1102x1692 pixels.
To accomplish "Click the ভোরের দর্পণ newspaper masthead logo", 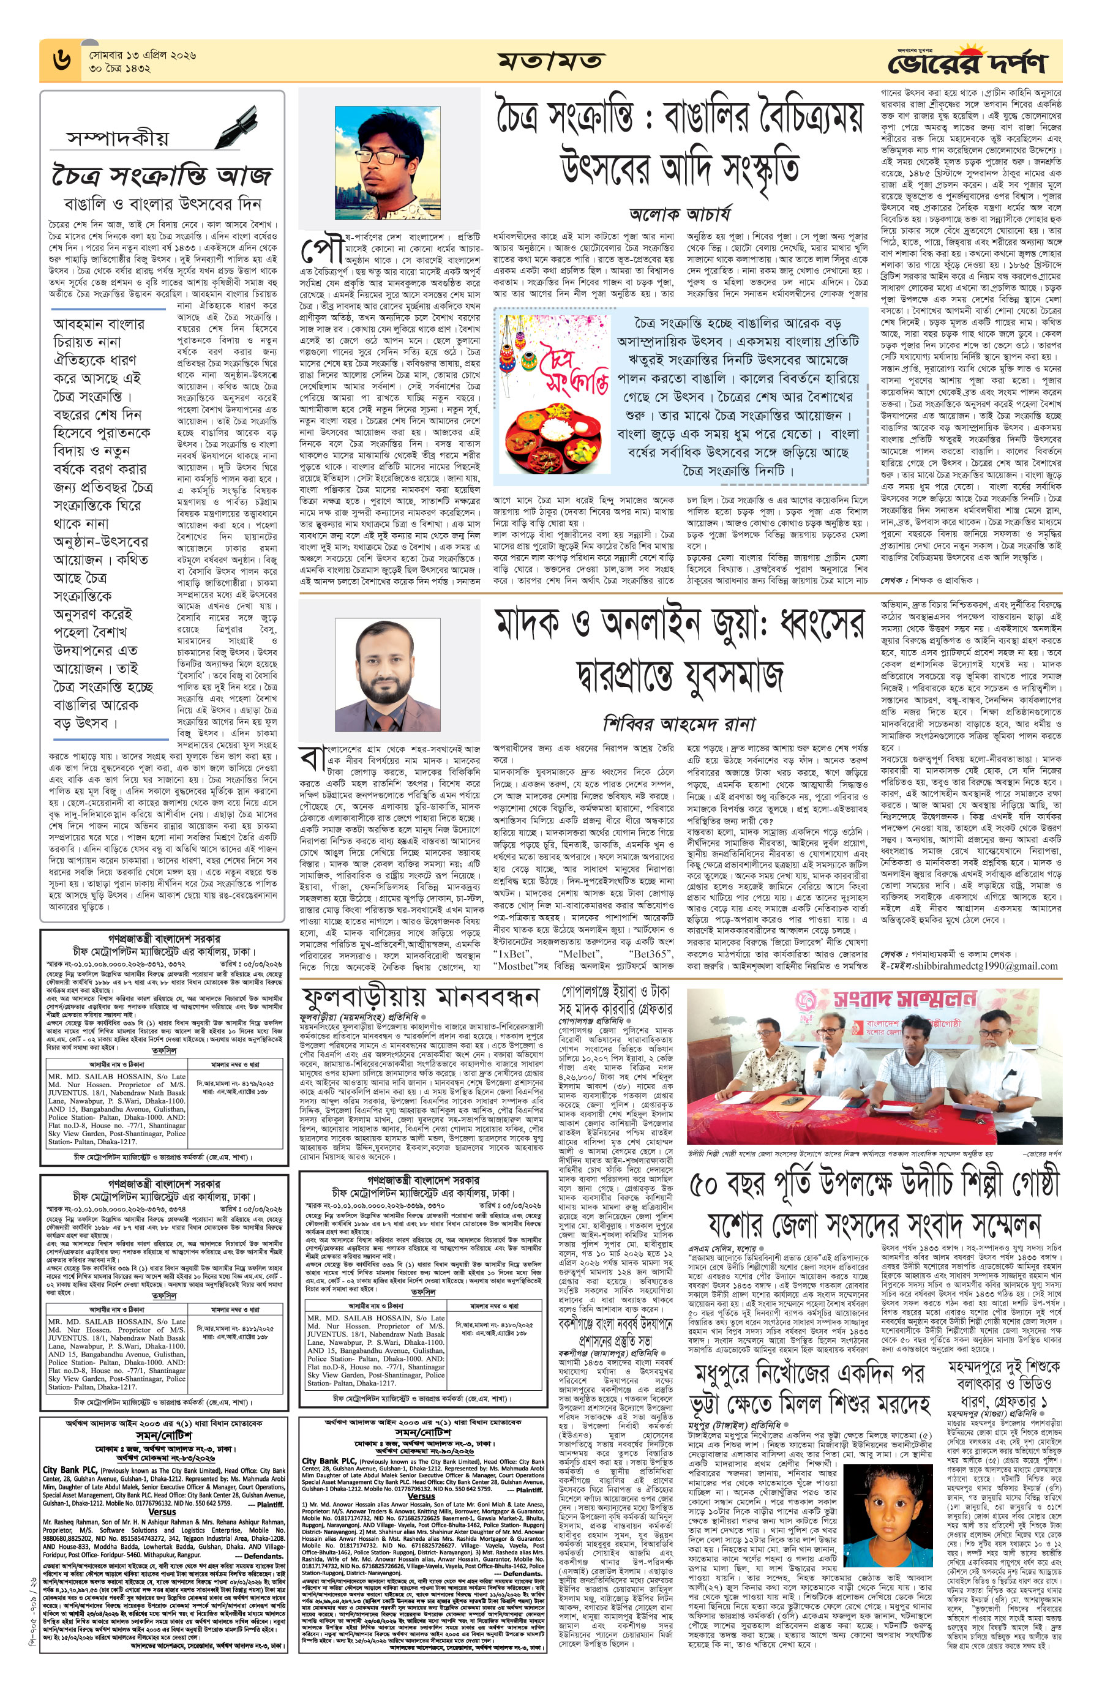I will point(967,61).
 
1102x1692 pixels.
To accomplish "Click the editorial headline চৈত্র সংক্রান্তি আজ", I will point(162,174).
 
